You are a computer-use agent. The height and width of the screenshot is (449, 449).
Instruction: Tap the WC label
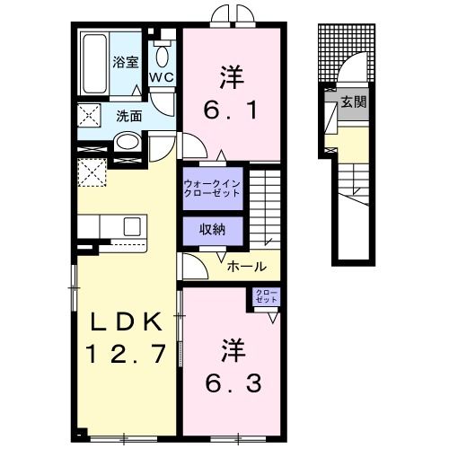point(162,78)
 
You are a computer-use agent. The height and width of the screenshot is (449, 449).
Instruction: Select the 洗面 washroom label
point(128,115)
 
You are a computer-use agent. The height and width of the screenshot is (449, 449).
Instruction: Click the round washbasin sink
point(127,142)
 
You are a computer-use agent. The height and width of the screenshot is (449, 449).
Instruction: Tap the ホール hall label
point(246,267)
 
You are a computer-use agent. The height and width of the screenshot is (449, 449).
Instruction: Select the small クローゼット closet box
point(268,296)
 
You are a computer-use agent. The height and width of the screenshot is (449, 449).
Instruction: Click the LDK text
point(127,321)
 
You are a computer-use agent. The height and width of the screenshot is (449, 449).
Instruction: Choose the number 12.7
point(127,354)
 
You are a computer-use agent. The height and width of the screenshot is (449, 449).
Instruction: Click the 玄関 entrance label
point(353,102)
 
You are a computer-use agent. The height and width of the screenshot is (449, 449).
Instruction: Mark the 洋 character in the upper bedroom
point(229,75)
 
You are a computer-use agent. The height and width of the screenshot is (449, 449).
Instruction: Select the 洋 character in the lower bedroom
point(230,347)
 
